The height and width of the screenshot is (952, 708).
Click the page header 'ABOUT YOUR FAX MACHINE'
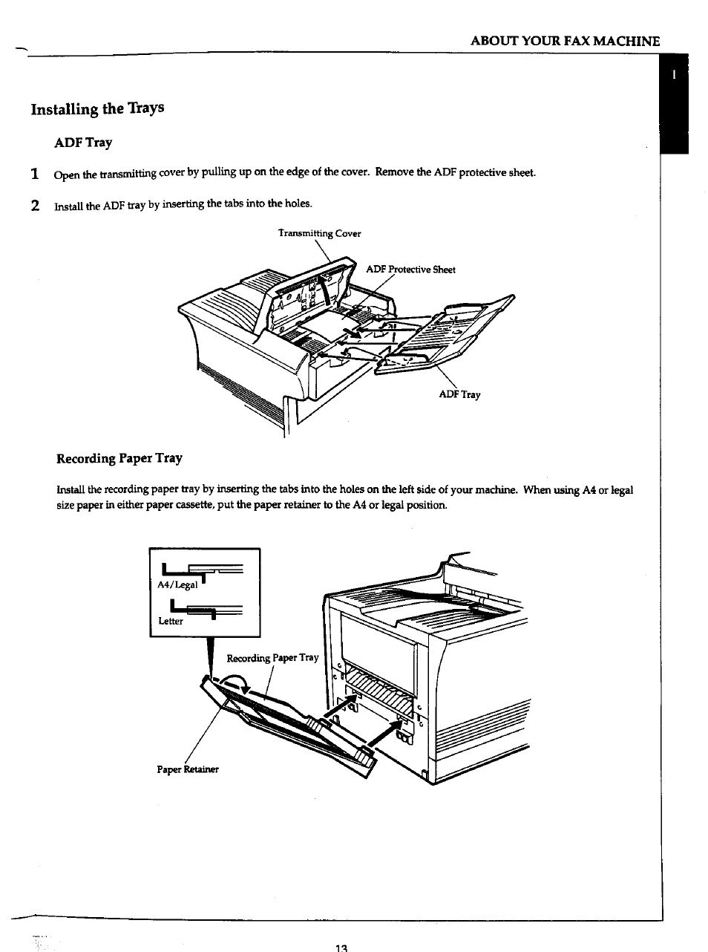click(565, 41)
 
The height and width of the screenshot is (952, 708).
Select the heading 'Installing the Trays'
click(97, 108)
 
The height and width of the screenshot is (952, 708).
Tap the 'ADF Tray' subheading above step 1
click(84, 142)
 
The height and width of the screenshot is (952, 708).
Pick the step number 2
click(35, 206)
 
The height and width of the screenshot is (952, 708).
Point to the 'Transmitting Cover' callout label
click(319, 233)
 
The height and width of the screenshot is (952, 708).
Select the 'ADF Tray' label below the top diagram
click(459, 394)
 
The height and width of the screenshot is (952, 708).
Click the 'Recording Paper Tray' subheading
click(119, 458)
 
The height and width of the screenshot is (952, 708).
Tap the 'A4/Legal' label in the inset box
click(177, 584)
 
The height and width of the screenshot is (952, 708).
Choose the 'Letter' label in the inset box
click(171, 621)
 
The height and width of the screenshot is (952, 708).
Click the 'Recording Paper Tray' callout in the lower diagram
click(272, 657)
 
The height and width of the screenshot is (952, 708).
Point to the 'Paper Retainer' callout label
click(188, 769)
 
